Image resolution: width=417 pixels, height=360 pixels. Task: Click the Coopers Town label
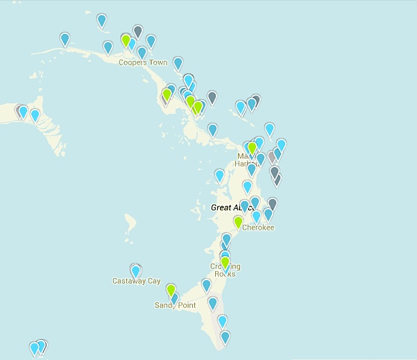point(143,62)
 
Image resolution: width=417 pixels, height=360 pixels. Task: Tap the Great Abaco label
point(233,207)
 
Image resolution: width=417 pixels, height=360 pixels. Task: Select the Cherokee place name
point(257,228)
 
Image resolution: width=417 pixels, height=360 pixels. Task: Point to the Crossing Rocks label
point(225,270)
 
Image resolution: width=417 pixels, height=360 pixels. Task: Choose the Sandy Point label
point(175,305)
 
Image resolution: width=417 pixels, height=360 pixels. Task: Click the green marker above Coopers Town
point(126,41)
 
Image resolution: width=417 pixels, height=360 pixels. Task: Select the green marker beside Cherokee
point(238,222)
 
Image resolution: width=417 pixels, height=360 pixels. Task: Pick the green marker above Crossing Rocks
point(225,263)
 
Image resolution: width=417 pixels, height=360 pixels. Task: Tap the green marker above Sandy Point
point(170,289)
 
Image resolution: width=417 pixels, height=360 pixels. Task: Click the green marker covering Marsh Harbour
point(252,148)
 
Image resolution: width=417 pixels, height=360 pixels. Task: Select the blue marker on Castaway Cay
point(136,270)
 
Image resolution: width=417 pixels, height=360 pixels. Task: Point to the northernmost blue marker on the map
point(102,20)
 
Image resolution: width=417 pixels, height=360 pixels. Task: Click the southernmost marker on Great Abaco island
point(225,337)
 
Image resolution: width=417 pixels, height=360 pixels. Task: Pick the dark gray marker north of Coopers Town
point(137,31)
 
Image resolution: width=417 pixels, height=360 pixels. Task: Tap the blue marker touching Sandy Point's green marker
point(175,298)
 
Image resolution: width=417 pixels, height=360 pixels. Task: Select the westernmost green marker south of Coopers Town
point(167,94)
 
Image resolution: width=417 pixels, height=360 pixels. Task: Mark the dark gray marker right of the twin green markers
point(212,97)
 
